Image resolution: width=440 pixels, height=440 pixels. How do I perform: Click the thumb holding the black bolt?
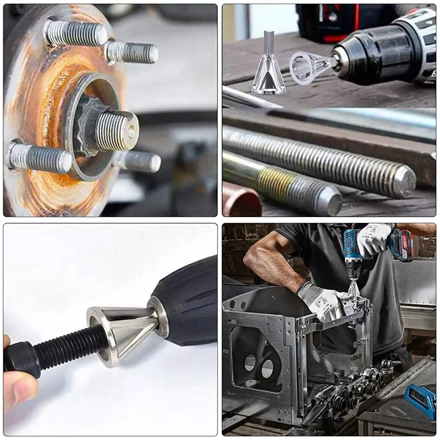[18, 390]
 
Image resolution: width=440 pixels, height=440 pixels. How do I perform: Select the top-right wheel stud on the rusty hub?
[133, 52]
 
